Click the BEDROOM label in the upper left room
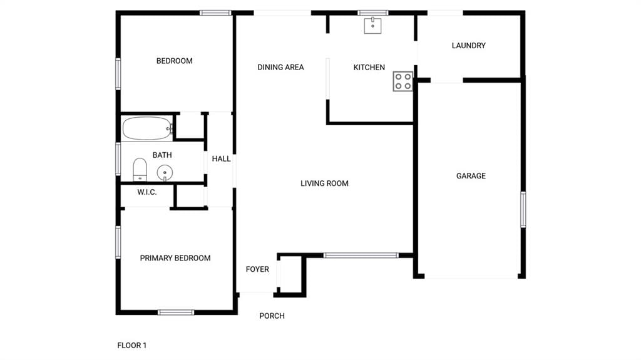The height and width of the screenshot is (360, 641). (174, 61)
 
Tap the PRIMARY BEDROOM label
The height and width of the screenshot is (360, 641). (175, 258)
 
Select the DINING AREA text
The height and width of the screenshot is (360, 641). (280, 67)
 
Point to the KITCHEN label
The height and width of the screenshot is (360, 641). (369, 67)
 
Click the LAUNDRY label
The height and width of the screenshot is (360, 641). (468, 46)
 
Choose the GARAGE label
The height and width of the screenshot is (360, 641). (471, 176)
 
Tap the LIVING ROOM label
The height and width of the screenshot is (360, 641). (325, 183)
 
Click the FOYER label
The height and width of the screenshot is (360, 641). (257, 269)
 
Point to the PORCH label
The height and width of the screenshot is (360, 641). (272, 316)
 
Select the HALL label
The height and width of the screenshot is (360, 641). (221, 159)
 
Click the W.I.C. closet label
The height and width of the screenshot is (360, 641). (146, 192)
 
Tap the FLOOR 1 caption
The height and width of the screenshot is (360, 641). (131, 345)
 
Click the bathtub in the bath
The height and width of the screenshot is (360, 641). (147, 128)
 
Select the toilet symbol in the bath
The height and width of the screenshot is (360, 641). (140, 170)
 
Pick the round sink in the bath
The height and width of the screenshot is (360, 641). (165, 173)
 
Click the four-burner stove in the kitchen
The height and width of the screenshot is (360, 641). (403, 81)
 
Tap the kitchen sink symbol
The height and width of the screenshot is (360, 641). (373, 26)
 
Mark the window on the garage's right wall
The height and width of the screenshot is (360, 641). (523, 210)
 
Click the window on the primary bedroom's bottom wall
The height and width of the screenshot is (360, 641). (176, 312)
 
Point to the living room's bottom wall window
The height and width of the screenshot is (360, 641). (361, 255)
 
